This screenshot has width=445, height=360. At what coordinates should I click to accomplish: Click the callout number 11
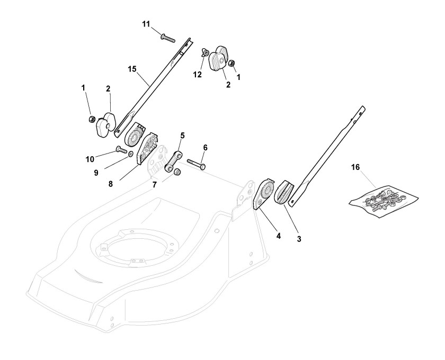(x=146, y=24)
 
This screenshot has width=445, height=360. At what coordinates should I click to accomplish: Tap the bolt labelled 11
(x=166, y=37)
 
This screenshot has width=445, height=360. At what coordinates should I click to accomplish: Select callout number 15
(x=132, y=69)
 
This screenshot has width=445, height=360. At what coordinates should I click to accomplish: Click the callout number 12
(x=197, y=75)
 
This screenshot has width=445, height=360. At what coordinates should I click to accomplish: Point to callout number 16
(x=355, y=167)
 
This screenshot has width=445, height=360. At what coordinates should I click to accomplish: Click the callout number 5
(x=182, y=135)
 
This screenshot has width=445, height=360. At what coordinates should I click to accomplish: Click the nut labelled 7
(x=179, y=172)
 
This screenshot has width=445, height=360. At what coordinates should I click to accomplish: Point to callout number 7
(x=155, y=184)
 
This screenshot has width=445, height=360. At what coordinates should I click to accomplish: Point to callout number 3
(x=299, y=239)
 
